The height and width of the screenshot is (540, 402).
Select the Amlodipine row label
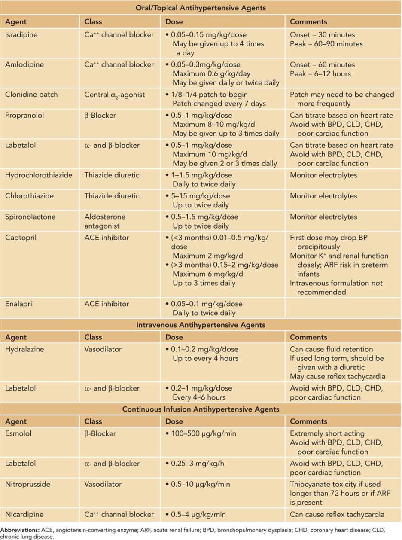pos(24,65)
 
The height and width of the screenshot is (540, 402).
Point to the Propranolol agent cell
pos(24,116)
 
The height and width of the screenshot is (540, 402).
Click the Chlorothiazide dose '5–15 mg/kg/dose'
pos(201,196)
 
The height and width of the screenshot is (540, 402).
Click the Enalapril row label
pos(19,304)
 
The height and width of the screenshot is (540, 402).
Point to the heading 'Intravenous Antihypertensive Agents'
pos(201,325)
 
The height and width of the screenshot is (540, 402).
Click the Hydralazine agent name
pos(23,349)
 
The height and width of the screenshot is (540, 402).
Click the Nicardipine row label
pos(24,514)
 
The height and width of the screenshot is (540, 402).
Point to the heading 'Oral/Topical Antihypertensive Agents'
pos(201,8)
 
